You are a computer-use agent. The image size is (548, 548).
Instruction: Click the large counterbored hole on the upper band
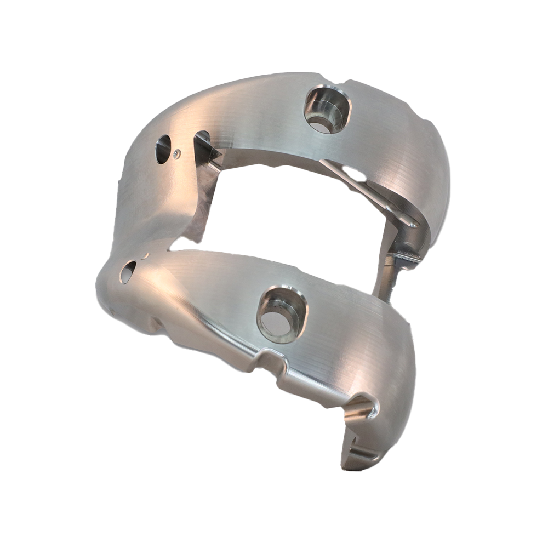(327, 109)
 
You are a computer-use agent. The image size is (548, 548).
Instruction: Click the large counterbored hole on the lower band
(282, 315)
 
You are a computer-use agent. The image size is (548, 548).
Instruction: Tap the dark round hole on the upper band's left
(163, 149)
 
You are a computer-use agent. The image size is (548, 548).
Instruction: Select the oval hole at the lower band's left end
(127, 271)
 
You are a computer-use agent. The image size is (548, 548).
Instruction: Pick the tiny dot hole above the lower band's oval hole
(145, 255)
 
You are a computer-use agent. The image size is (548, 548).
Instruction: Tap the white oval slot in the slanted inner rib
(354, 174)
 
